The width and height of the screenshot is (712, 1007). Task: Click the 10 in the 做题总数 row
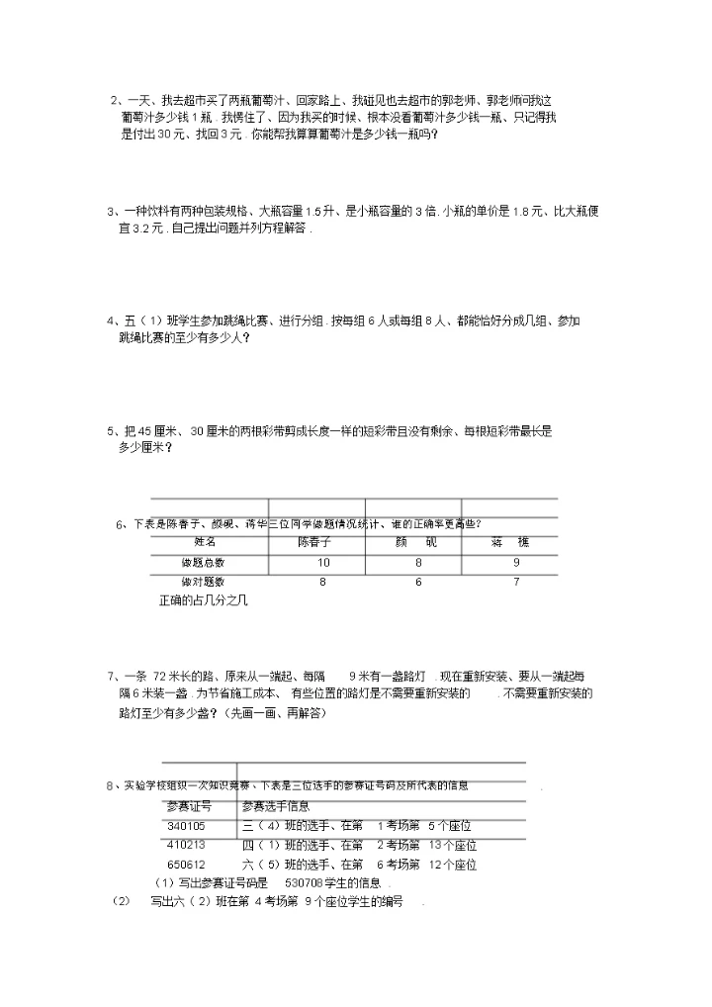click(x=322, y=563)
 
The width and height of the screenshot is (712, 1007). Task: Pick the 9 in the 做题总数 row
click(x=516, y=563)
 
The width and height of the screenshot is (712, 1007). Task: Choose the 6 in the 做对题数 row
click(x=418, y=583)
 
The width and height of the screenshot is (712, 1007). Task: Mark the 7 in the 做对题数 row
click(x=516, y=583)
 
